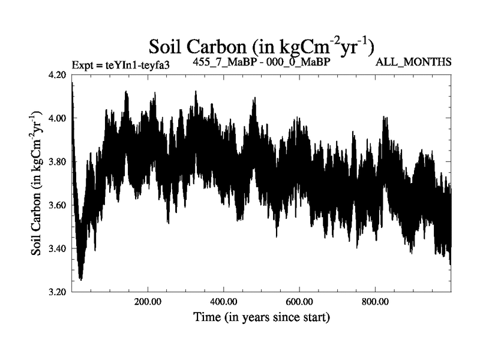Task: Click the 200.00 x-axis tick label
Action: [148, 302]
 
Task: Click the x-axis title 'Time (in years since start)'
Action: [262, 316]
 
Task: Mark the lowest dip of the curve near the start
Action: [80, 279]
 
